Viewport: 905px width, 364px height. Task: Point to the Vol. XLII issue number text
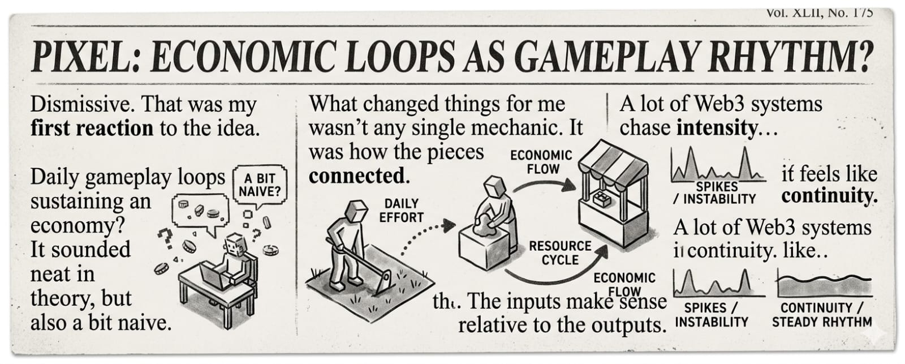(819, 12)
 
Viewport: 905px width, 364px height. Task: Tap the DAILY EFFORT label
(402, 210)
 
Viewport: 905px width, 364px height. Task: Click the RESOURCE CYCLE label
(559, 253)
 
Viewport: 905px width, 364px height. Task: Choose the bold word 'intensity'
(716, 129)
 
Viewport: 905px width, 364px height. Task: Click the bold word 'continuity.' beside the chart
(829, 196)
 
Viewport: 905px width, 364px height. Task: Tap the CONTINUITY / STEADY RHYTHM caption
(822, 315)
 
